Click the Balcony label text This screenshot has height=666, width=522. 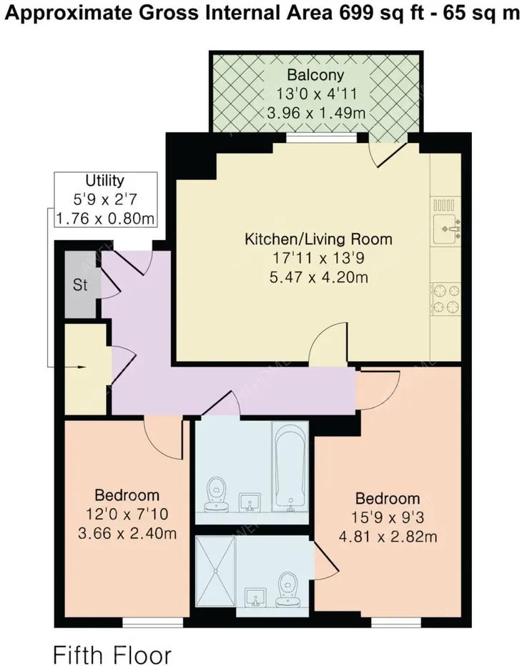pos(315,75)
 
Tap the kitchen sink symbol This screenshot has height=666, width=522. pos(446,228)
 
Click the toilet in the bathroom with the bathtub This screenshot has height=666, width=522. pos(217,494)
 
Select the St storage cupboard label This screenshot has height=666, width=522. pos(80,284)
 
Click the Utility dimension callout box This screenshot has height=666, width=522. pos(105,199)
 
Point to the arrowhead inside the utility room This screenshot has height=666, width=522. pos(82,367)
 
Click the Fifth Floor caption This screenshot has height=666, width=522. pos(113,654)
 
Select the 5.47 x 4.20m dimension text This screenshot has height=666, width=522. pos(319,277)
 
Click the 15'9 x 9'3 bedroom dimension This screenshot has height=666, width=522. pos(388,517)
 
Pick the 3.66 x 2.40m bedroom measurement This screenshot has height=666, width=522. pos(127,532)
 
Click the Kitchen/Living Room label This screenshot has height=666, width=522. pos(318,239)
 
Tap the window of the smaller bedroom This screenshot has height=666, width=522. pos(152,622)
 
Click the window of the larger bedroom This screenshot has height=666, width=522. pos(396,622)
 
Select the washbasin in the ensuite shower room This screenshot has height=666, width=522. pos(255,597)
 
